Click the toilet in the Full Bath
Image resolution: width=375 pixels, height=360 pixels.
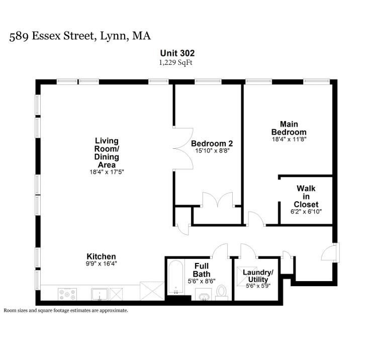click(x=222, y=293)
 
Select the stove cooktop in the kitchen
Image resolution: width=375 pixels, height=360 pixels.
click(x=67, y=294)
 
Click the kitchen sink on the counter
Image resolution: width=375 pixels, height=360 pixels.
click(x=100, y=294)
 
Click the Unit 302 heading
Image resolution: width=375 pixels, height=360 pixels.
click(x=177, y=53)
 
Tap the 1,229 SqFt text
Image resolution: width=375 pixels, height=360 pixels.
click(x=176, y=63)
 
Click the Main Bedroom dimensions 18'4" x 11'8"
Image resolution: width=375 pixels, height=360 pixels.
click(x=289, y=139)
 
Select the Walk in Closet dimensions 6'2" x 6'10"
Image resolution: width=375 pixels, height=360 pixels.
click(x=306, y=212)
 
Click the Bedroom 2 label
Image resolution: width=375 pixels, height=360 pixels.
click(x=212, y=143)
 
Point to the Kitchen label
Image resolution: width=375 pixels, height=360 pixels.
click(x=101, y=256)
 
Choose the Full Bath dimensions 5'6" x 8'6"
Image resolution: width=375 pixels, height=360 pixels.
click(x=202, y=281)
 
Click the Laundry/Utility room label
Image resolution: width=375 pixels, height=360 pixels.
click(x=258, y=276)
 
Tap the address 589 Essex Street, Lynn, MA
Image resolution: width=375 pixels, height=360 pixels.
click(x=80, y=36)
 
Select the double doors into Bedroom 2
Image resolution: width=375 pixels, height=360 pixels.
click(x=183, y=148)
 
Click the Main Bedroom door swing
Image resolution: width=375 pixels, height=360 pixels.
click(x=256, y=219)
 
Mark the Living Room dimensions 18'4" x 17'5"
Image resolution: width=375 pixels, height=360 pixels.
click(x=107, y=172)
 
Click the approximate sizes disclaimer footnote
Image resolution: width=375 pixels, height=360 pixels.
click(x=66, y=311)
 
